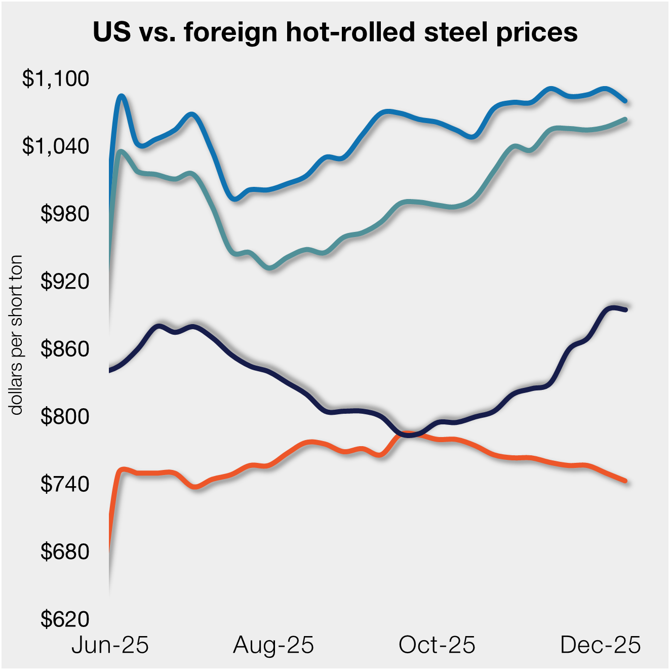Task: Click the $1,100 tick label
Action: [x=56, y=79]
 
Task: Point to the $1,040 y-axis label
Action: [x=56, y=146]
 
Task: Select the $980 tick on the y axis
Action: [x=65, y=214]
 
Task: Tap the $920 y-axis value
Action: [x=65, y=281]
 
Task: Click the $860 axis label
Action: [x=65, y=349]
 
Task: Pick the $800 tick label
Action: [x=65, y=416]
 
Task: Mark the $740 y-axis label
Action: [x=65, y=484]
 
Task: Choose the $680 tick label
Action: [x=65, y=551]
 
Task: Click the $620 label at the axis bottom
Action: [x=65, y=619]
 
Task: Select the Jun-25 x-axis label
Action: [x=110, y=645]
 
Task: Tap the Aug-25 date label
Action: [x=273, y=645]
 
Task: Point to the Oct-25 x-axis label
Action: [x=437, y=645]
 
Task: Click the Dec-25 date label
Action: [x=601, y=645]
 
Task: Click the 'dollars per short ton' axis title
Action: [x=17, y=335]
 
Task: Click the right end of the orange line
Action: [x=626, y=481]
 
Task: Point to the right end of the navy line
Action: [x=626, y=310]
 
